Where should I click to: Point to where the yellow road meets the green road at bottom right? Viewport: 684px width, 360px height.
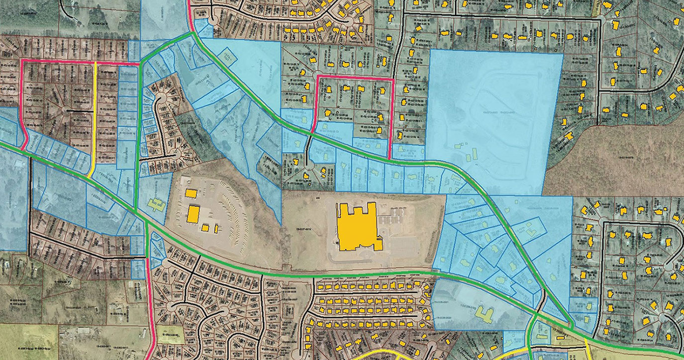pos(585,341)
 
